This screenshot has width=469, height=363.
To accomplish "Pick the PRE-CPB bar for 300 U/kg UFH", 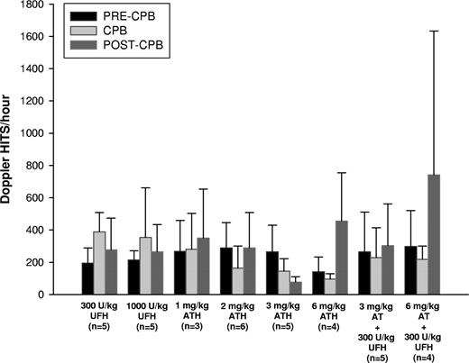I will point(87,278).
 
